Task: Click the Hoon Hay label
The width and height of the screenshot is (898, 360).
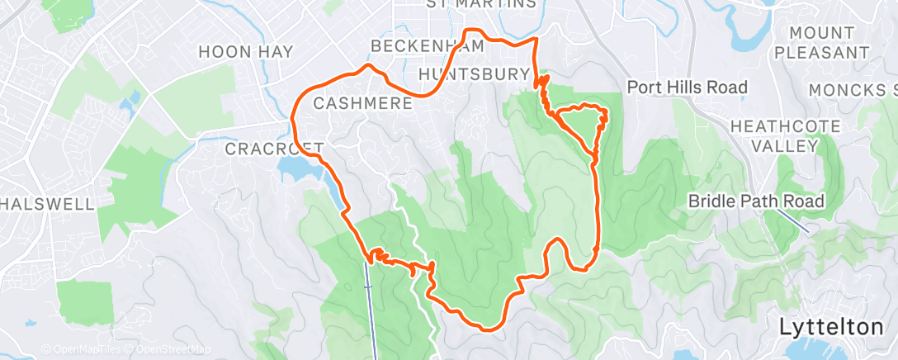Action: pyautogui.click(x=245, y=51)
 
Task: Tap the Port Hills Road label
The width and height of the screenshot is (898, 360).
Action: pyautogui.click(x=687, y=87)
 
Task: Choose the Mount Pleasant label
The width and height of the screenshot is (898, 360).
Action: pyautogui.click(x=828, y=42)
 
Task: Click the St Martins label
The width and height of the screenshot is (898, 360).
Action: pyautogui.click(x=480, y=4)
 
